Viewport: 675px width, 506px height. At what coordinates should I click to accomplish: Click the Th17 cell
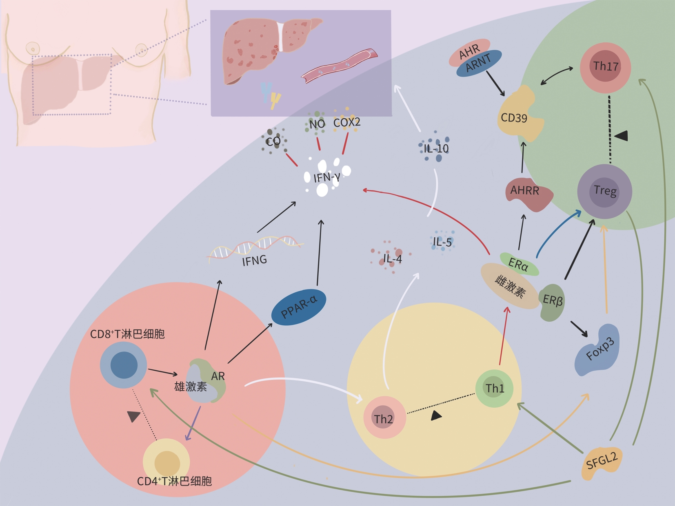point(605,67)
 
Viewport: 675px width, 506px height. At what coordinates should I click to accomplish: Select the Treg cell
point(604,192)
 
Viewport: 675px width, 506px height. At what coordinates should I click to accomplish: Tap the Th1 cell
point(494,388)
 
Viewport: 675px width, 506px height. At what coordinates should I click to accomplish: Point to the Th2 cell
point(384,418)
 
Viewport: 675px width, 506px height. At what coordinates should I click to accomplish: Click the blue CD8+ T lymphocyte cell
point(124,365)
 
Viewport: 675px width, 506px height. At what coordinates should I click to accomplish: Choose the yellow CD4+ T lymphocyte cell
point(167,462)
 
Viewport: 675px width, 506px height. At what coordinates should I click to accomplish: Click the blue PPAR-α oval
point(299,307)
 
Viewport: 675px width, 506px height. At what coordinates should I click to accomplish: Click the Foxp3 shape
point(597,350)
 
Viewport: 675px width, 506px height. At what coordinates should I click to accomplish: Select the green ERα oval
point(519,264)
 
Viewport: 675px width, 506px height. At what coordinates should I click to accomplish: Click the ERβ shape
point(553,302)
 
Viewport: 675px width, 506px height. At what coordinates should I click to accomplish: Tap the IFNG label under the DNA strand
point(254,260)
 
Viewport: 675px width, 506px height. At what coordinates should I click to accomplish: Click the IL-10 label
point(436,148)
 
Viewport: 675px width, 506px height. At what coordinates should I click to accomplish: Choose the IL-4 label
point(392,259)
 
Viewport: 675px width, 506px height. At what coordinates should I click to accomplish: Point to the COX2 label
point(347,122)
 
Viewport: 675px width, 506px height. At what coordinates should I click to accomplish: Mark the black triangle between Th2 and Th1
point(436,415)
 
